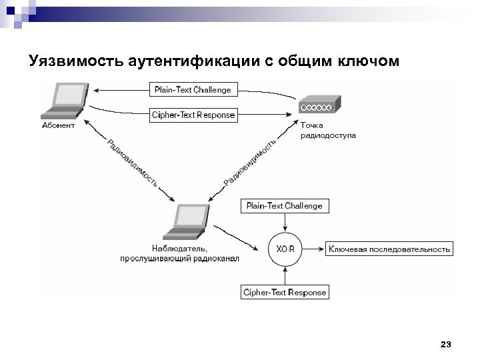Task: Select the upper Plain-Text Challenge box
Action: coord(192,89)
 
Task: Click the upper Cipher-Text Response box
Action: coord(193,115)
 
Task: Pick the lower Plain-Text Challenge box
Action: coord(284,205)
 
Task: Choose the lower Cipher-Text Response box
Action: coord(285,292)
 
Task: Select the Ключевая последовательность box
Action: coord(389,249)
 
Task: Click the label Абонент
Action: coord(58,125)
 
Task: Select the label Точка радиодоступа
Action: coord(327,130)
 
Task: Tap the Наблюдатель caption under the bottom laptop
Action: coord(179,253)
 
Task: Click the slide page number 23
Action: coord(446,344)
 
